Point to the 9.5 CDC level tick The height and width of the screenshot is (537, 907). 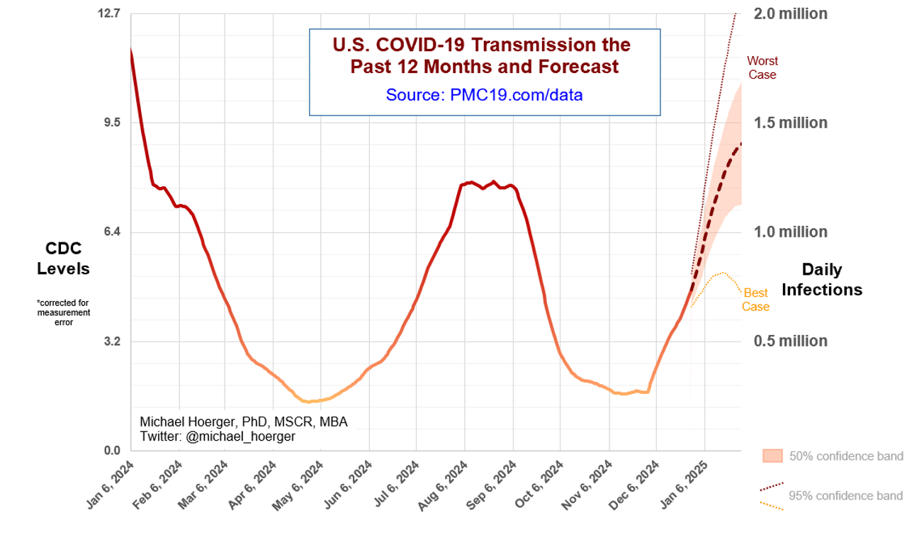click(112, 123)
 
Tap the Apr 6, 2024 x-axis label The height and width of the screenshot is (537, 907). click(254, 485)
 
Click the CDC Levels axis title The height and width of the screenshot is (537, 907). click(63, 259)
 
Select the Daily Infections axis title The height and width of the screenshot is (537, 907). click(822, 279)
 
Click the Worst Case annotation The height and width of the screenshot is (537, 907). click(762, 68)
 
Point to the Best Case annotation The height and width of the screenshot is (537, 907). click(755, 300)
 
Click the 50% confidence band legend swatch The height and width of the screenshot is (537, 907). click(772, 456)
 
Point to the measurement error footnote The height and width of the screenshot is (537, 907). click(63, 312)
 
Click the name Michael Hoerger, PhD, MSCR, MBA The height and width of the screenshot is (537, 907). click(244, 422)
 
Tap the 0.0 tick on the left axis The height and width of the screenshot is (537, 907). click(112, 451)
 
